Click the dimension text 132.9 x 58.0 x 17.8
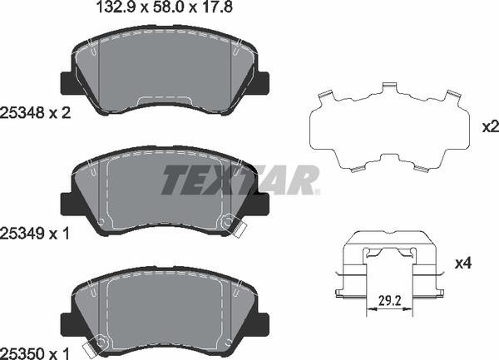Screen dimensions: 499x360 tap(164, 7)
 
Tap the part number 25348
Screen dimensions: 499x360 tap(22, 113)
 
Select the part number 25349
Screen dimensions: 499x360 tap(22, 234)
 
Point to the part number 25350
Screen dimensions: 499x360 tap(22, 353)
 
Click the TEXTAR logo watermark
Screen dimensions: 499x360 tap(240, 180)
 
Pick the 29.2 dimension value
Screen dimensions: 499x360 tap(390, 300)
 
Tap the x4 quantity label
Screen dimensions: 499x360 tap(463, 264)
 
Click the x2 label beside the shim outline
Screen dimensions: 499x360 tap(491, 127)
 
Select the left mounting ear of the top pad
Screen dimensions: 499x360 tap(67, 83)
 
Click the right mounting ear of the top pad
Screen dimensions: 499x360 tap(262, 83)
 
